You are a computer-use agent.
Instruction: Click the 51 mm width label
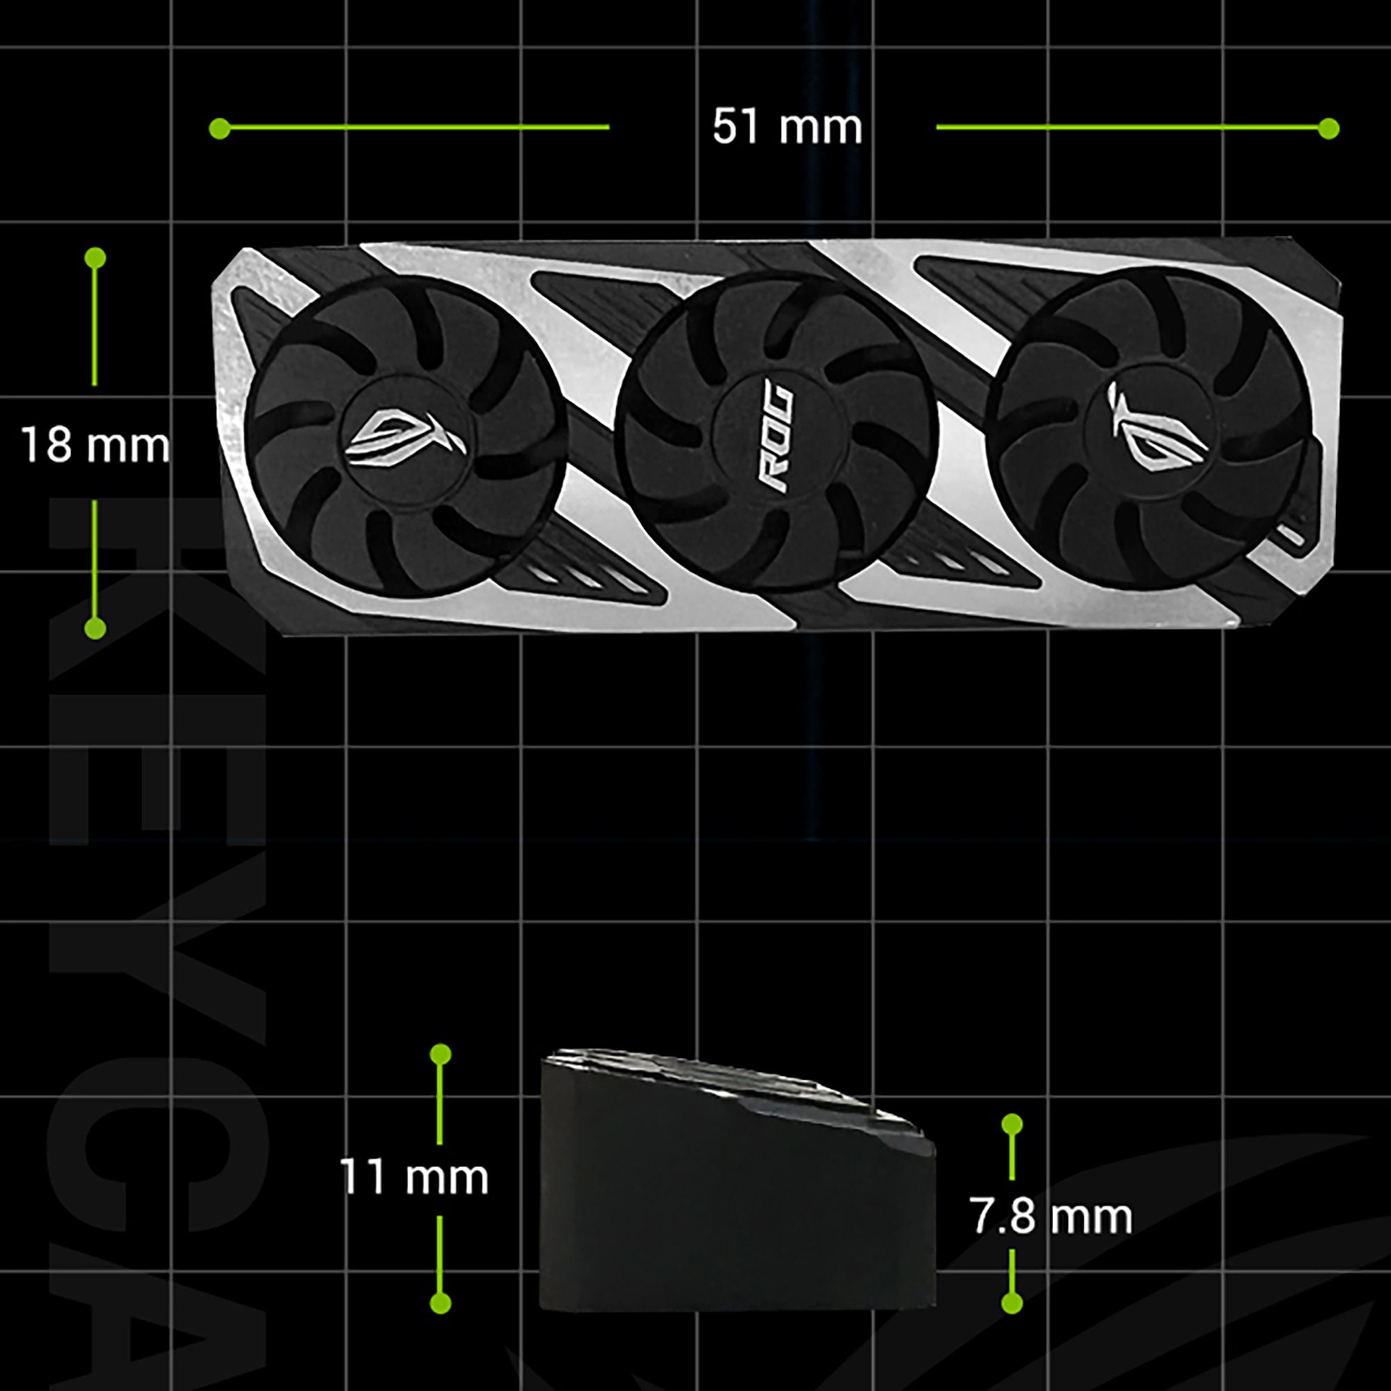click(x=787, y=127)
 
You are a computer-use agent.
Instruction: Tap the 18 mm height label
click(x=95, y=445)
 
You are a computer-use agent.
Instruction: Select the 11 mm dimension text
click(x=413, y=1178)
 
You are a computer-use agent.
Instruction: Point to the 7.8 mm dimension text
click(x=1050, y=1216)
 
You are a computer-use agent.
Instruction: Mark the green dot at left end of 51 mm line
click(x=220, y=129)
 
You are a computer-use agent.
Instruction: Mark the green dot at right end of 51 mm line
click(x=1328, y=129)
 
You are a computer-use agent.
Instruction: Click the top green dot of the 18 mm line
click(x=95, y=258)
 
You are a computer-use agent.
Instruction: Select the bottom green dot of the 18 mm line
click(x=95, y=629)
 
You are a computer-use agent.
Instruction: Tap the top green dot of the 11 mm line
click(x=441, y=1055)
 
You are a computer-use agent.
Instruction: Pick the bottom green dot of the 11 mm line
click(x=441, y=1303)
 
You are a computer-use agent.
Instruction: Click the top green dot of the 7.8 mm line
click(x=1012, y=1124)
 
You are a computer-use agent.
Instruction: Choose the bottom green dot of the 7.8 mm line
click(x=1012, y=1303)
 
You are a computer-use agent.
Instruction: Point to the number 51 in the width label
click(x=736, y=127)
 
